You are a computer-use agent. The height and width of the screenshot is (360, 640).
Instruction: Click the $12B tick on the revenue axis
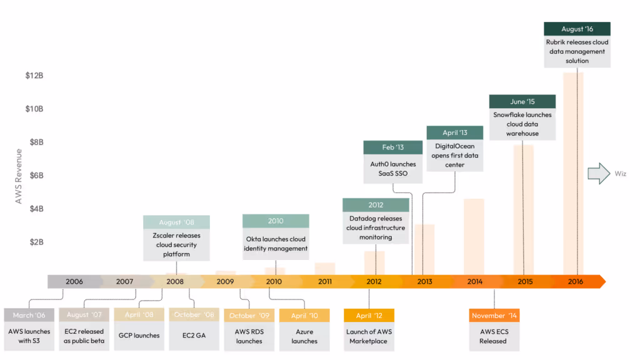point(34,76)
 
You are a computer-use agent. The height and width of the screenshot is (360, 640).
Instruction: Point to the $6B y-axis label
point(34,176)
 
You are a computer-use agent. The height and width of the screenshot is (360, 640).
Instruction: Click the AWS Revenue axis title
point(19,176)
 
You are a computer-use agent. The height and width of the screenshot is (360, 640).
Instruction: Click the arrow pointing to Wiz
point(598,173)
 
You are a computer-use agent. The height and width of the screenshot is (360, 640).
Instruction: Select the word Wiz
point(621,173)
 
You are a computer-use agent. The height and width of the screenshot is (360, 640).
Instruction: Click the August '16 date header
point(577,29)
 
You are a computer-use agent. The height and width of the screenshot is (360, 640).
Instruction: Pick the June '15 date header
point(522,101)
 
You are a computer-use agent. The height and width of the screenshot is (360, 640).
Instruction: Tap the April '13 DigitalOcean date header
point(455,132)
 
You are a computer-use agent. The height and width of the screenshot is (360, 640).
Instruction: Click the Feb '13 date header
point(392,147)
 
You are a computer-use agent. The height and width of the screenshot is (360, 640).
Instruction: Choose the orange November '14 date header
point(494,316)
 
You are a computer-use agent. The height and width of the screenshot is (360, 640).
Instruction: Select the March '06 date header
point(29,315)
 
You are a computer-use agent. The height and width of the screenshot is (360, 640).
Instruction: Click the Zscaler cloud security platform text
point(176,245)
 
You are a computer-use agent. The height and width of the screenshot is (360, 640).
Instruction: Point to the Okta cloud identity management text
point(276,244)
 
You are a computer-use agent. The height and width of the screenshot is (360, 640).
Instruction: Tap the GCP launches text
point(139,336)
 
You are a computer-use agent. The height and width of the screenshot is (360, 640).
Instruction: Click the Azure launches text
point(304,336)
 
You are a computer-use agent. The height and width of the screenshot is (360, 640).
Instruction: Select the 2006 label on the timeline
point(74,282)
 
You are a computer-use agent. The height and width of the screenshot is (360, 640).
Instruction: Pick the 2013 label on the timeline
point(425,282)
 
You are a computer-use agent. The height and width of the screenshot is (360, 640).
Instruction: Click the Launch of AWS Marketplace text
point(369,336)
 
